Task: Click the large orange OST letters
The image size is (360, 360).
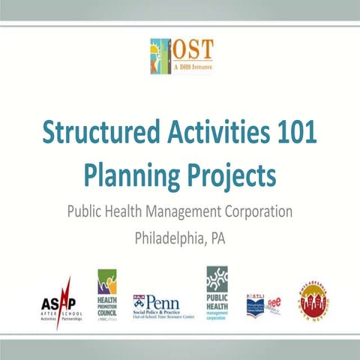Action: [x=193, y=50]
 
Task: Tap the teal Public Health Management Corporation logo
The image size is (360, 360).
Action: [x=217, y=292]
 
